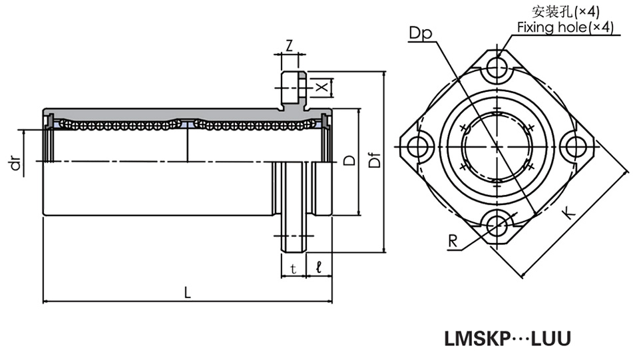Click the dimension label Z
pos(289,45)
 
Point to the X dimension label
pos(322,87)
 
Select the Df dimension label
pos(375,160)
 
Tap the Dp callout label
pos(421,33)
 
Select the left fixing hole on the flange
pos(417,145)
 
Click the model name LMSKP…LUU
pos(507,339)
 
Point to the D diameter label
pos(347,160)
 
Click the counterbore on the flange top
pos(292,85)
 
